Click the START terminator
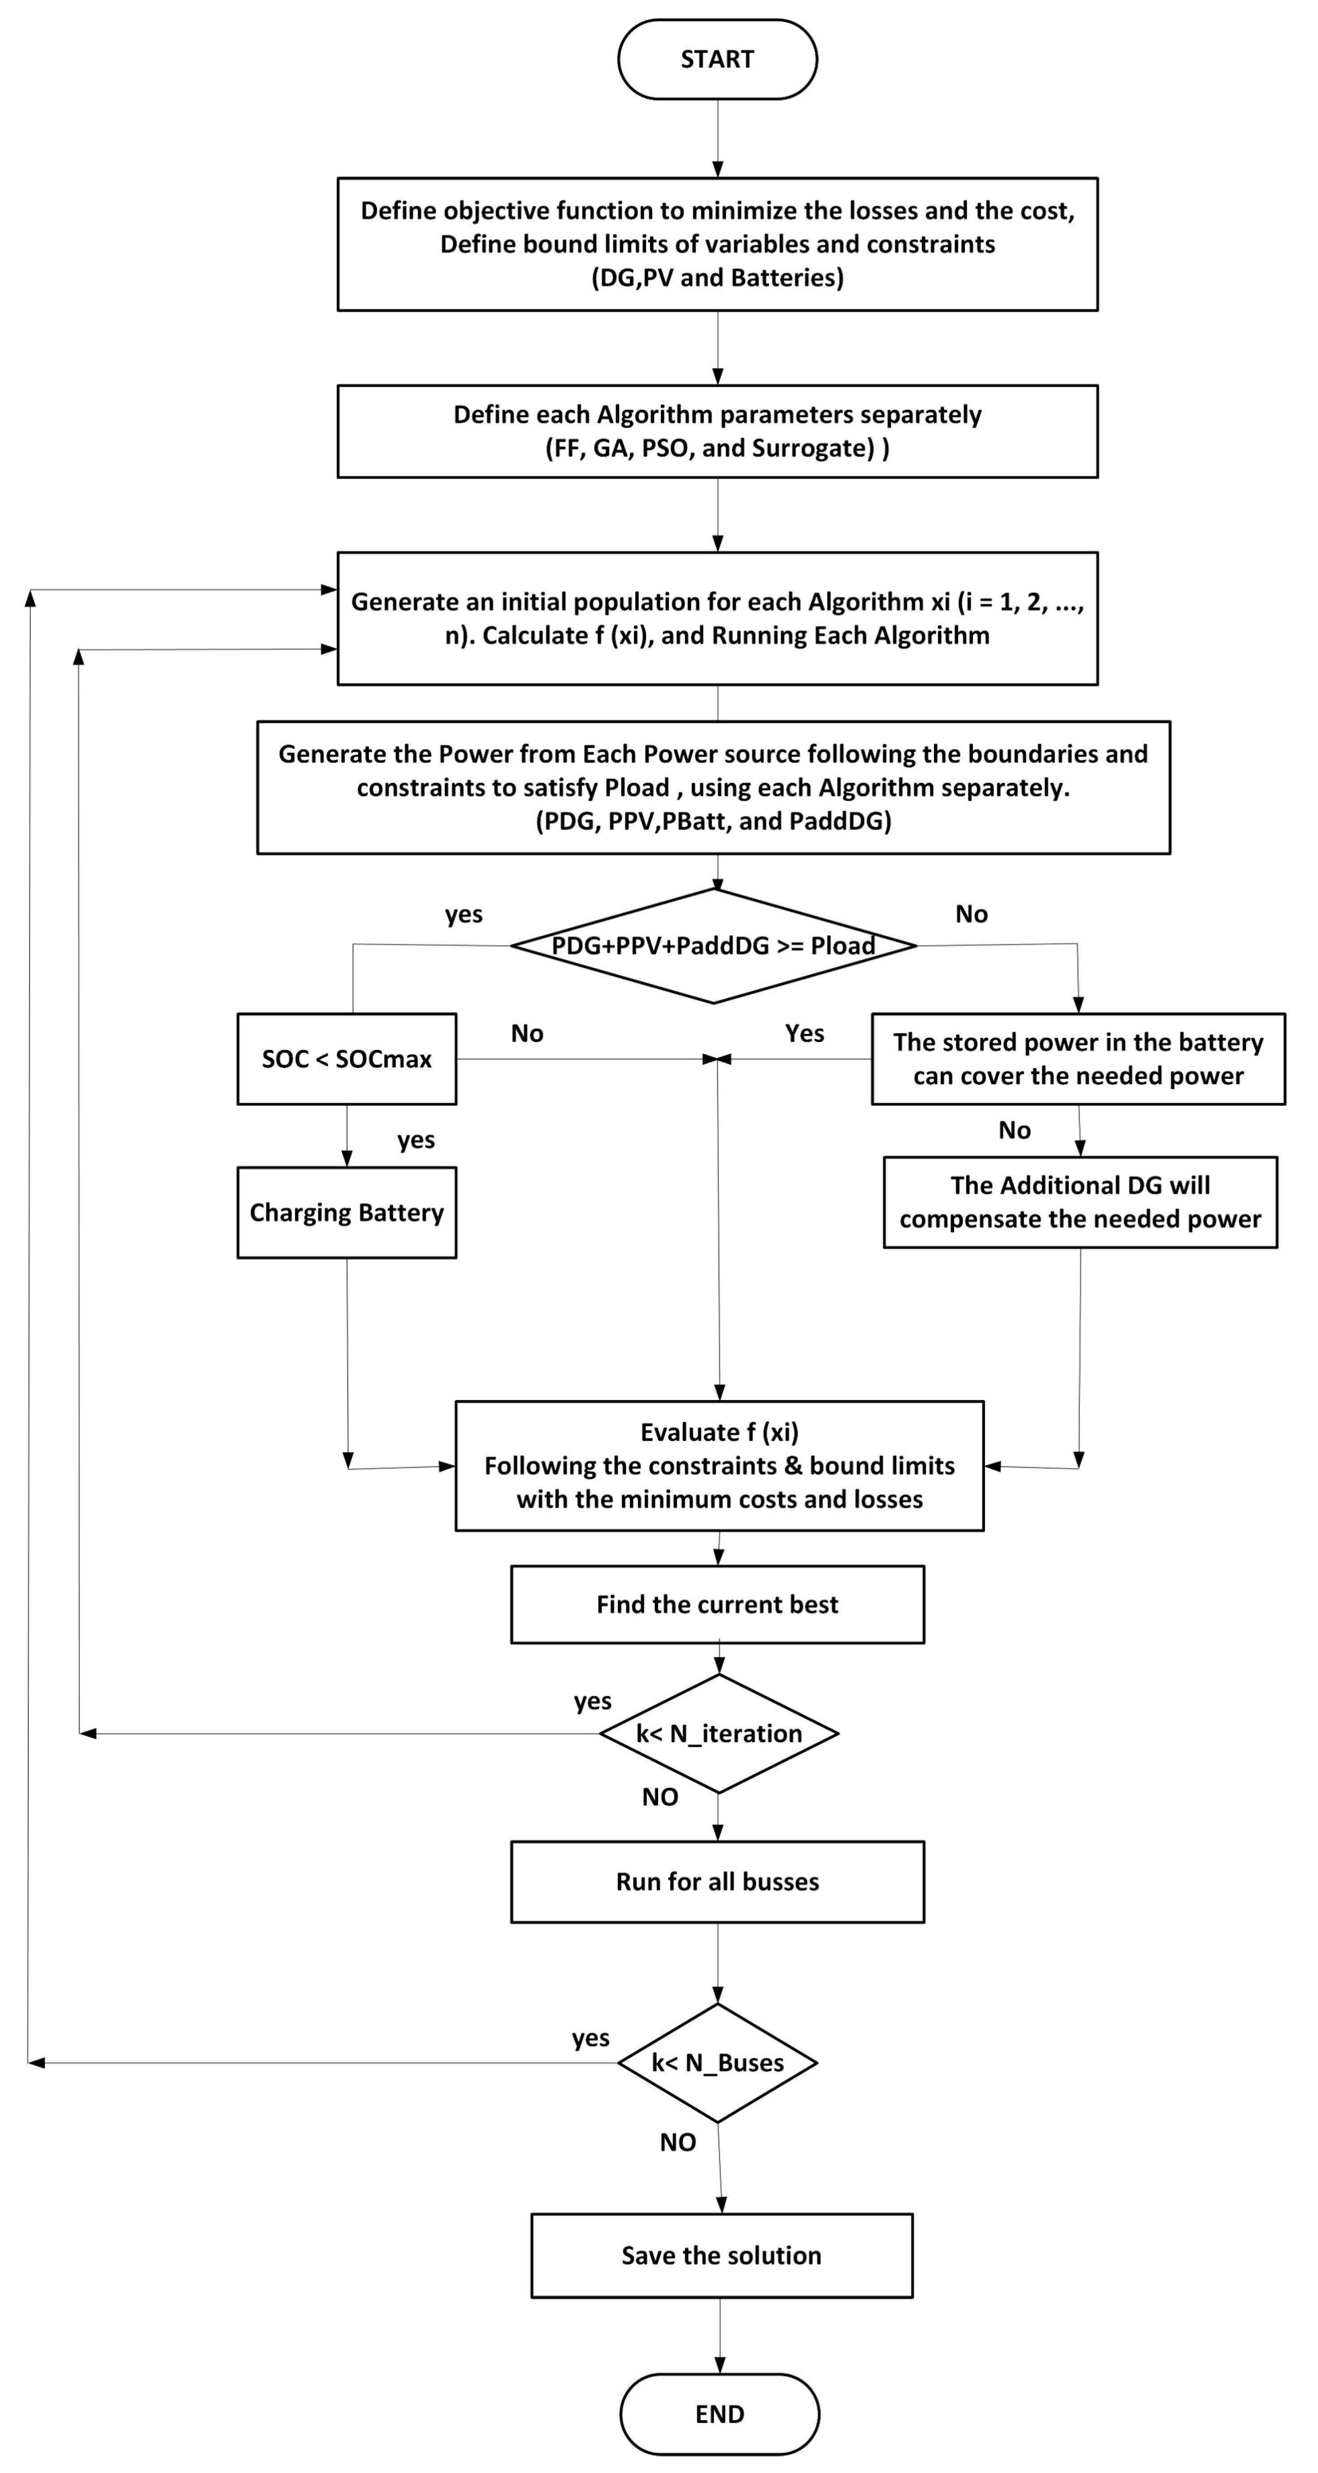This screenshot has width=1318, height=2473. [x=717, y=60]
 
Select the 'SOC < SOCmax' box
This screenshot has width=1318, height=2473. [x=347, y=1059]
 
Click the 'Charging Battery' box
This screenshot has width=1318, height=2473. [x=347, y=1213]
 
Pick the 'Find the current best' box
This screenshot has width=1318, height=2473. [x=717, y=1604]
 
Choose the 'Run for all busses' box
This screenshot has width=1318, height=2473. [x=717, y=1882]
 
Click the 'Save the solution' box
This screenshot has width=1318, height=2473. [x=721, y=2255]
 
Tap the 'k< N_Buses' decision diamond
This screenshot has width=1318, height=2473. [x=717, y=2062]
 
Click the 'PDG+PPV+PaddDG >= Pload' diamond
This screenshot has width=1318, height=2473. [x=713, y=946]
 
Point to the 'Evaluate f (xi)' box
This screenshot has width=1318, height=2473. [x=719, y=1465]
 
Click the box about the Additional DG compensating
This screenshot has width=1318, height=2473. [x=1080, y=1202]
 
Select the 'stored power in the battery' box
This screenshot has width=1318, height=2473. [x=1078, y=1059]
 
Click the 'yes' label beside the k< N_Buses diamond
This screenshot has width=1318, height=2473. [x=591, y=2037]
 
